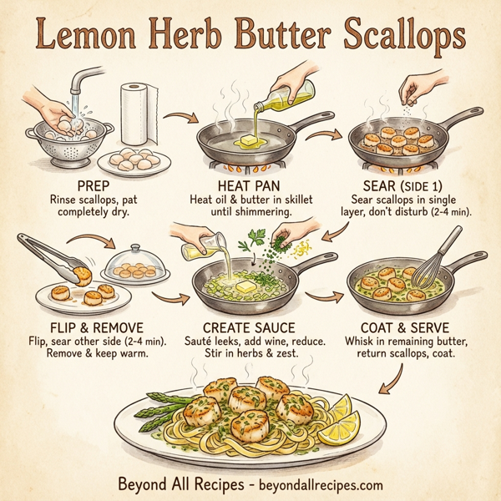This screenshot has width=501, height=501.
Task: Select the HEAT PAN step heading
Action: [x=248, y=185]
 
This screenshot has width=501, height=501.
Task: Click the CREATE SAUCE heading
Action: [x=249, y=327]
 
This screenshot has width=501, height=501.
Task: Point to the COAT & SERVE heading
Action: [x=403, y=327]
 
